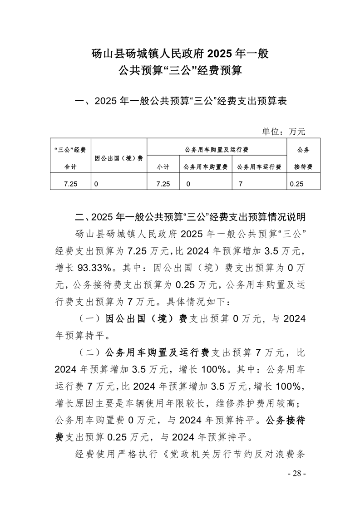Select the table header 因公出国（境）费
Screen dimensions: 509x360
[119, 158]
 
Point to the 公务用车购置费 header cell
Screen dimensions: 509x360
[206, 167]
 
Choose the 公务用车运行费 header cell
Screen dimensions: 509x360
[259, 167]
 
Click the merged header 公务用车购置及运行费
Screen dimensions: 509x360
[217, 149]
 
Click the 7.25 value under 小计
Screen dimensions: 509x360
[162, 185]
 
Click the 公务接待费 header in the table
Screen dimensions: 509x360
[303, 158]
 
